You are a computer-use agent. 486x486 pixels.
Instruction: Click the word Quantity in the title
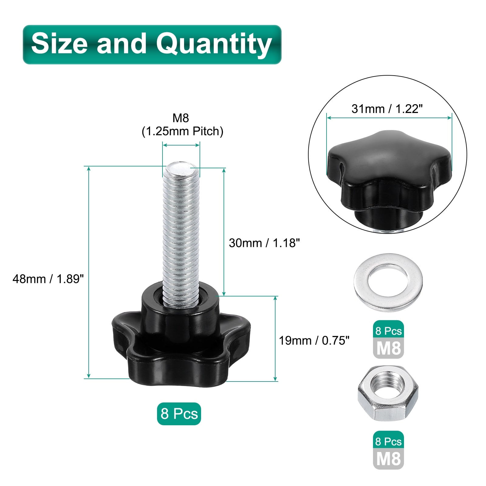(x=214, y=45)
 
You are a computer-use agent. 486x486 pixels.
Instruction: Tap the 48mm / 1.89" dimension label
(x=48, y=279)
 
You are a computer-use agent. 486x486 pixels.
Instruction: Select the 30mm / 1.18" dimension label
(x=264, y=243)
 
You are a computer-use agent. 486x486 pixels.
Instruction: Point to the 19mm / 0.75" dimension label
(x=314, y=341)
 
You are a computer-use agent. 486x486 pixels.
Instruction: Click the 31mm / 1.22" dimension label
(x=387, y=108)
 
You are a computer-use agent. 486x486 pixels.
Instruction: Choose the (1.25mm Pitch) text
(x=183, y=131)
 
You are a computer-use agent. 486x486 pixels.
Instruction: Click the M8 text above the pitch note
(x=181, y=118)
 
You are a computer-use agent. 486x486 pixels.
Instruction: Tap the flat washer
(x=388, y=282)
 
